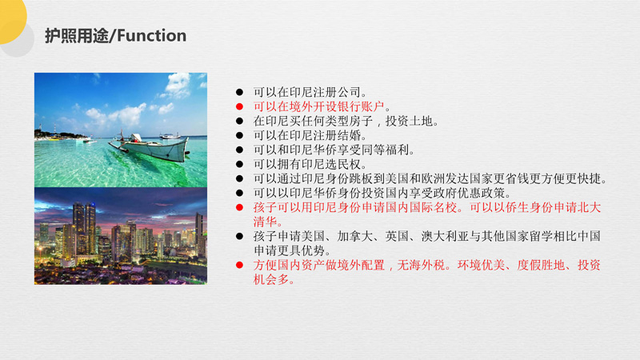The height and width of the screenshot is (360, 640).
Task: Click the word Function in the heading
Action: click(x=151, y=35)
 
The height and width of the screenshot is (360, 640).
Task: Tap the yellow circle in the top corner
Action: click(x=11, y=18)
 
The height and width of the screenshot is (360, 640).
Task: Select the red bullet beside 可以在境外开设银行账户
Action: click(x=239, y=107)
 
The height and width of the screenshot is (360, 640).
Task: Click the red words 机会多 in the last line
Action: click(x=271, y=279)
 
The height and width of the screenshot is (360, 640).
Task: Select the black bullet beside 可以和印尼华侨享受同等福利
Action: click(x=239, y=150)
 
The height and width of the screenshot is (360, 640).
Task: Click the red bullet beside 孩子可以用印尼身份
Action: click(x=239, y=208)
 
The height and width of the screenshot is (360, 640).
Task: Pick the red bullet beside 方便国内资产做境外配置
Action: click(x=239, y=266)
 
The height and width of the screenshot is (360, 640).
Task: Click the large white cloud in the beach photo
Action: click(x=178, y=85)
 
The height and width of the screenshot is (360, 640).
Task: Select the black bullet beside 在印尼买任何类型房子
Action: click(x=239, y=122)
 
